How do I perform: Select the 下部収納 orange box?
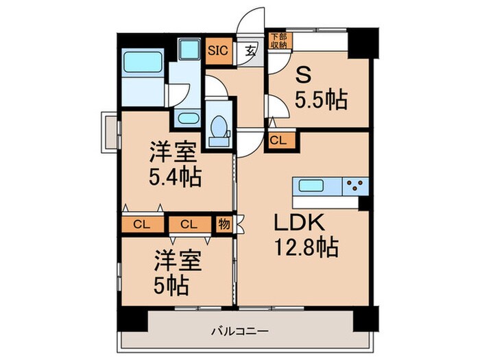tap(277, 40)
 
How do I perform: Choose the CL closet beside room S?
tap(279, 141)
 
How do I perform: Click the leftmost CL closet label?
tap(142, 224)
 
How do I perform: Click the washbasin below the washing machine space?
tap(187, 118)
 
